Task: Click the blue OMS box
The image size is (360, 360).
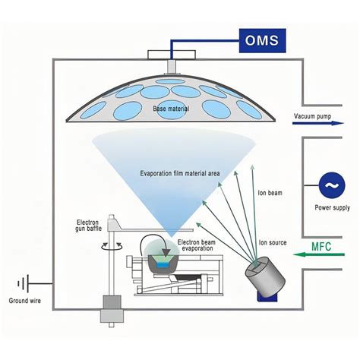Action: click(x=263, y=41)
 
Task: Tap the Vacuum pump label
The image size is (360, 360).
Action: click(x=312, y=116)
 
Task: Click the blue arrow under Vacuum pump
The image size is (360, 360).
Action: click(x=318, y=123)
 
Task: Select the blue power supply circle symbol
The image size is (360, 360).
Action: click(x=332, y=185)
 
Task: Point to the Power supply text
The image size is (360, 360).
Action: click(x=332, y=207)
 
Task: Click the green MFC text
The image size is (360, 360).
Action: click(x=321, y=247)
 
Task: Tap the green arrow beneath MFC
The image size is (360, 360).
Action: click(x=319, y=254)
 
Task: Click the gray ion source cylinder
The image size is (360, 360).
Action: click(x=265, y=276)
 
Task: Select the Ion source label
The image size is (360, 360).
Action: click(x=273, y=242)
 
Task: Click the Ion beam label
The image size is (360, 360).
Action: click(x=270, y=193)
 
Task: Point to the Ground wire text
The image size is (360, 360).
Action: click(x=25, y=301)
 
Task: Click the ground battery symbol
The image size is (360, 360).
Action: click(x=24, y=283)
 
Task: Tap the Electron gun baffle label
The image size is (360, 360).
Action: click(x=88, y=226)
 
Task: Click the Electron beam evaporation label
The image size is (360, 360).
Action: click(x=197, y=245)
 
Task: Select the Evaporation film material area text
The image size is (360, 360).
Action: click(x=180, y=173)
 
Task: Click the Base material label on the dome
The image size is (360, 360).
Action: click(x=171, y=109)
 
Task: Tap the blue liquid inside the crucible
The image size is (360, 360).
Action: click(x=163, y=265)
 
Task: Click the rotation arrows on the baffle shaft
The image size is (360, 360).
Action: click(x=112, y=245)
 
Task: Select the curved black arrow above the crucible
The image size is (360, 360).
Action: click(x=155, y=245)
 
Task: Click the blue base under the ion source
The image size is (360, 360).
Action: click(x=267, y=296)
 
